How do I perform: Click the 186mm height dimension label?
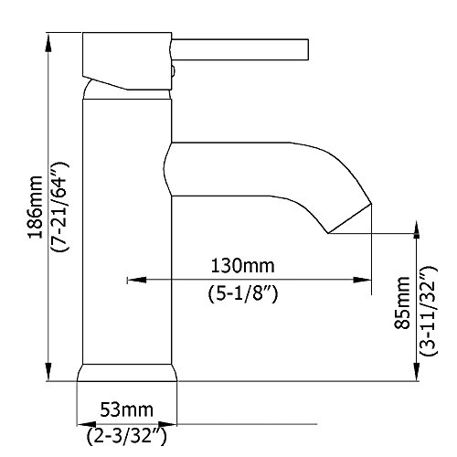(36, 207)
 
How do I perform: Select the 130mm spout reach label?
(243, 265)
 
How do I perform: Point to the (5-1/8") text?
(243, 294)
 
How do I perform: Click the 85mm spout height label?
(402, 303)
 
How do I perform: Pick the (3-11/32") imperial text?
(429, 311)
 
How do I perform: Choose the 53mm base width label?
(127, 410)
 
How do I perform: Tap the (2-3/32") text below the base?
(127, 436)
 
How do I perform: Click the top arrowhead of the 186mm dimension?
(48, 43)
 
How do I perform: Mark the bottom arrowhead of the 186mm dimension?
(48, 371)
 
